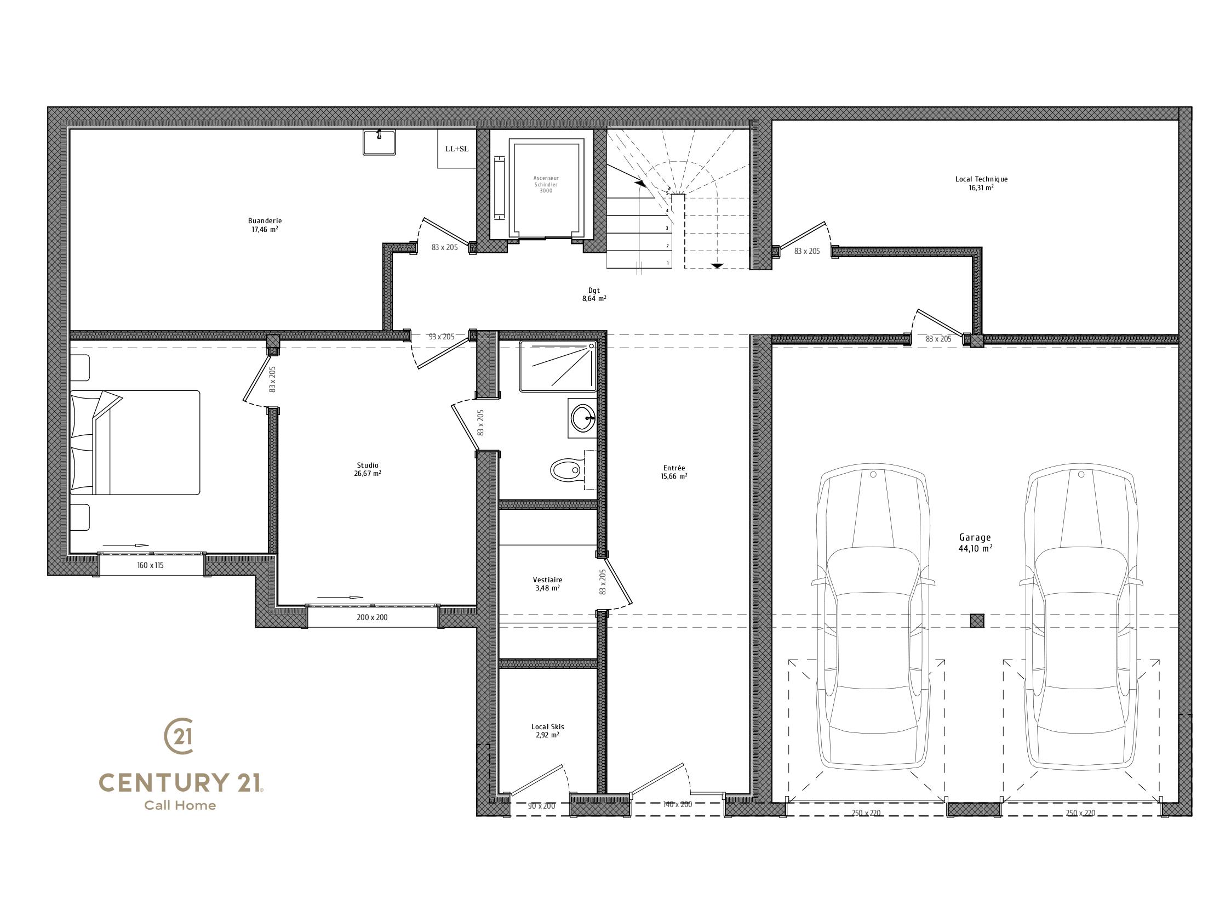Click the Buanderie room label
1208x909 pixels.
pyautogui.click(x=265, y=225)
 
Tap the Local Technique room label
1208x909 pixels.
pyautogui.click(x=981, y=183)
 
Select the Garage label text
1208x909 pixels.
pyautogui.click(x=975, y=543)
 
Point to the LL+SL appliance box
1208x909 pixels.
pyautogui.click(x=457, y=149)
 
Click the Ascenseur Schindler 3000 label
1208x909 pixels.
pyautogui.click(x=546, y=184)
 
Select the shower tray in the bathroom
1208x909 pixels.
pyautogui.click(x=557, y=366)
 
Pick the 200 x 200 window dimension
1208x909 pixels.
pyautogui.click(x=372, y=617)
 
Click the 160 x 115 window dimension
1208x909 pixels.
pyautogui.click(x=150, y=565)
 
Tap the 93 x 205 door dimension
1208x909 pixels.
pyautogui.click(x=442, y=337)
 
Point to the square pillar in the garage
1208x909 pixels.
pyautogui.click(x=977, y=621)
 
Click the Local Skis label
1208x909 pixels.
pyautogui.click(x=547, y=731)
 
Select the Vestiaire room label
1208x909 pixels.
pyautogui.click(x=547, y=584)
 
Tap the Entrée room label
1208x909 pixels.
pyautogui.click(x=674, y=472)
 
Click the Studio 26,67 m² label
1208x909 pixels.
pyautogui.click(x=368, y=469)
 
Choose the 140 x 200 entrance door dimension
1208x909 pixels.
pyautogui.click(x=678, y=804)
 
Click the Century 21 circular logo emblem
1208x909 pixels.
pyautogui.click(x=179, y=737)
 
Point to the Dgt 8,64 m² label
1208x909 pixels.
pyautogui.click(x=594, y=295)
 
